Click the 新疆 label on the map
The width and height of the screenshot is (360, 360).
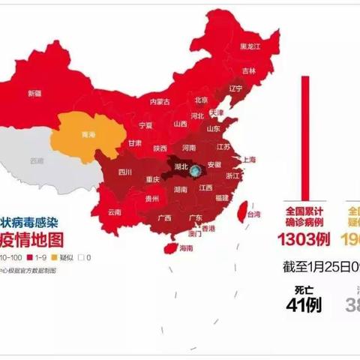[x=34, y=94]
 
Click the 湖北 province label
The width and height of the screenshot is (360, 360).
[x=180, y=165]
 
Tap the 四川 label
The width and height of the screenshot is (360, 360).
[x=124, y=172]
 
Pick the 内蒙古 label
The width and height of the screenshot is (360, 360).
[x=160, y=101]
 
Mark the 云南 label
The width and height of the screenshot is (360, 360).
[x=114, y=212]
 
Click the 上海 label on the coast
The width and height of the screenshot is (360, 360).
[x=247, y=160]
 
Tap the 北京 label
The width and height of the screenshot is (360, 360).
[x=200, y=100]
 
